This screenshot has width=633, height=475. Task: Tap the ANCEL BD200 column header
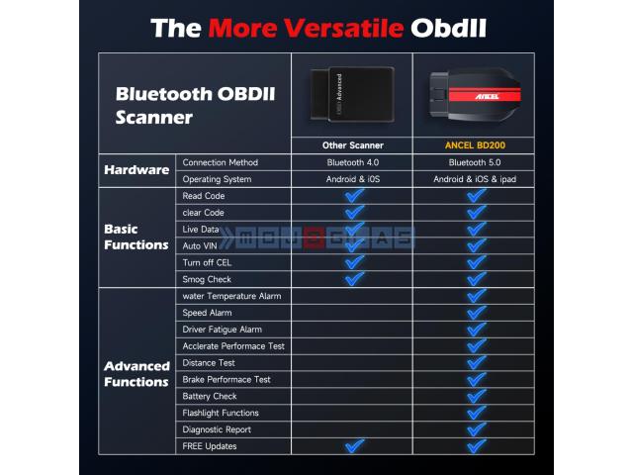pos(475,145)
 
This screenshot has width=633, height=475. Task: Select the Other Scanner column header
pos(353,145)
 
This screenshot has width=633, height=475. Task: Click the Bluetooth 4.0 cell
pos(353,162)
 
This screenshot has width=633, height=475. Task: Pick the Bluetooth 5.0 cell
pos(475,162)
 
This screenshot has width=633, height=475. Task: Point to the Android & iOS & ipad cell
pos(475,179)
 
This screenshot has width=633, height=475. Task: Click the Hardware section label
pos(136,169)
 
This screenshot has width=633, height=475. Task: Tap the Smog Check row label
pos(207,279)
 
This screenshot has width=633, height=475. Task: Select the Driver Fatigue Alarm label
pos(222,330)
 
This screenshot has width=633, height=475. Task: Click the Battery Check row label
pos(210,396)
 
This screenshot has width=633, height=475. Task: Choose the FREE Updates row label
pos(210,446)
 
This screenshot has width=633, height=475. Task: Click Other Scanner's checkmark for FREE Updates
pos(354,446)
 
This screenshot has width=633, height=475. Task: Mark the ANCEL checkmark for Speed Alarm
pos(477,313)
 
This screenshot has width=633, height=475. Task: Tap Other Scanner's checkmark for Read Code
pos(354,196)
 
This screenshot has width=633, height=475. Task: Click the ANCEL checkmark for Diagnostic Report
pos(477,429)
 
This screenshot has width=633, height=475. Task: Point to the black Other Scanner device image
pos(352,95)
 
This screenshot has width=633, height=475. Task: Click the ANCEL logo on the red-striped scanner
pos(487,97)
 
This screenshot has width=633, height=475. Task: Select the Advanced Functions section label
pos(136,374)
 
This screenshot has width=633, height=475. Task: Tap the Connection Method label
pos(220,162)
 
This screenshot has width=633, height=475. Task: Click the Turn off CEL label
pos(207,262)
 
